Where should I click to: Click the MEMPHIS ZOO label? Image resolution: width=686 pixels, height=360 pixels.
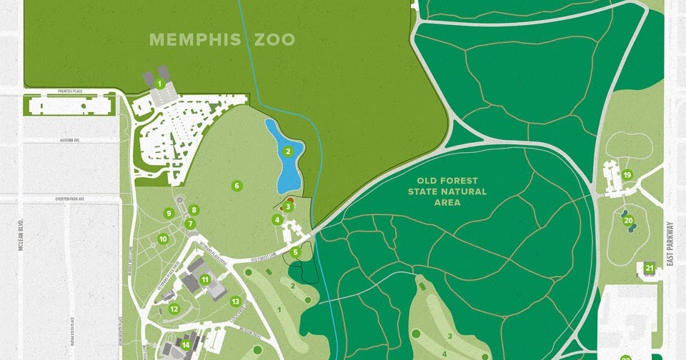(223, 39)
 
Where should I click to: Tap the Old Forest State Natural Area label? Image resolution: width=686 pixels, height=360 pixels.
(447, 191)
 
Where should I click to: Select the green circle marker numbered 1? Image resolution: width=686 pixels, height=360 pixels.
(160, 84)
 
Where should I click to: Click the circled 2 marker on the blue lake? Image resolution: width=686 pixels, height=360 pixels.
(288, 151)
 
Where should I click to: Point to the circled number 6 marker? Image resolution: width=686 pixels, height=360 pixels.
(236, 186)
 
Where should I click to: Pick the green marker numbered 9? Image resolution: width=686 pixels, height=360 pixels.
(169, 213)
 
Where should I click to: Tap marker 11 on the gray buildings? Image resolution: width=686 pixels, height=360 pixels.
(205, 279)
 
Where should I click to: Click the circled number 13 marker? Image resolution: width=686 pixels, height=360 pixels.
(235, 301)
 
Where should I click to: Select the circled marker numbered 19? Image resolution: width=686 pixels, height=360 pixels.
(627, 175)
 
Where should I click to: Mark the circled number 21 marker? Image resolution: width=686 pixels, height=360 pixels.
(649, 269)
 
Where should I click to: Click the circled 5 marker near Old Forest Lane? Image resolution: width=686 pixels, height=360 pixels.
(295, 251)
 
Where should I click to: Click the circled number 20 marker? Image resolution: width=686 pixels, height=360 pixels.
(629, 220)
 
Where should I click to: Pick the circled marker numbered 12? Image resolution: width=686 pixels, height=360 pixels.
(174, 309)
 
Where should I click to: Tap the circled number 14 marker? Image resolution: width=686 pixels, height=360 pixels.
(185, 346)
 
